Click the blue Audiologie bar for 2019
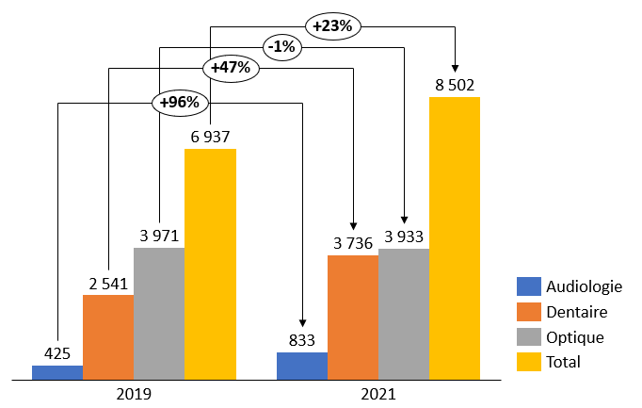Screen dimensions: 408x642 [57, 372]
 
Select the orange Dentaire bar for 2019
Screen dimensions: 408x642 [108, 337]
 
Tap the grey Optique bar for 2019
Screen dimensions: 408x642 [159, 314]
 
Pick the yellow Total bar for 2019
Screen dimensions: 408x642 [210, 264]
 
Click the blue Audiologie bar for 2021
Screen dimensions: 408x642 [302, 366]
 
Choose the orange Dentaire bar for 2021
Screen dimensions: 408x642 [353, 318]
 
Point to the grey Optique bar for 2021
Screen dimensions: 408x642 [404, 314]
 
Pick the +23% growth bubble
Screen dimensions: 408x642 [332, 25]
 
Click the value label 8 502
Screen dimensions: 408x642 [455, 85]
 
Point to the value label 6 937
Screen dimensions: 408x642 [210, 137]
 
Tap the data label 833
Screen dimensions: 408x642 [302, 340]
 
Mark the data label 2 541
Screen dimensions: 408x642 [108, 283]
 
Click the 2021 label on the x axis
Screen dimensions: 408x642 [379, 395]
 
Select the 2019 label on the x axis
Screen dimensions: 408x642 [135, 395]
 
